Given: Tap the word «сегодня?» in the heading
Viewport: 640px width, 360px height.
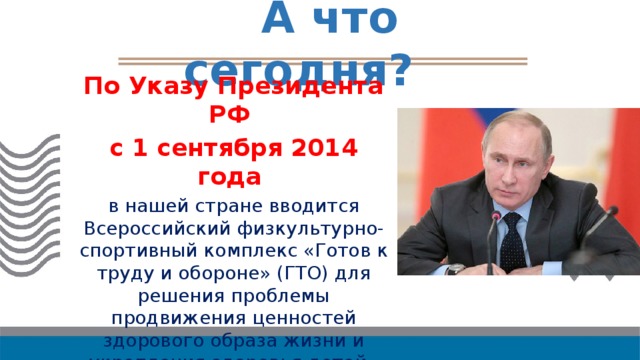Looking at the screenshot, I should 298,69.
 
